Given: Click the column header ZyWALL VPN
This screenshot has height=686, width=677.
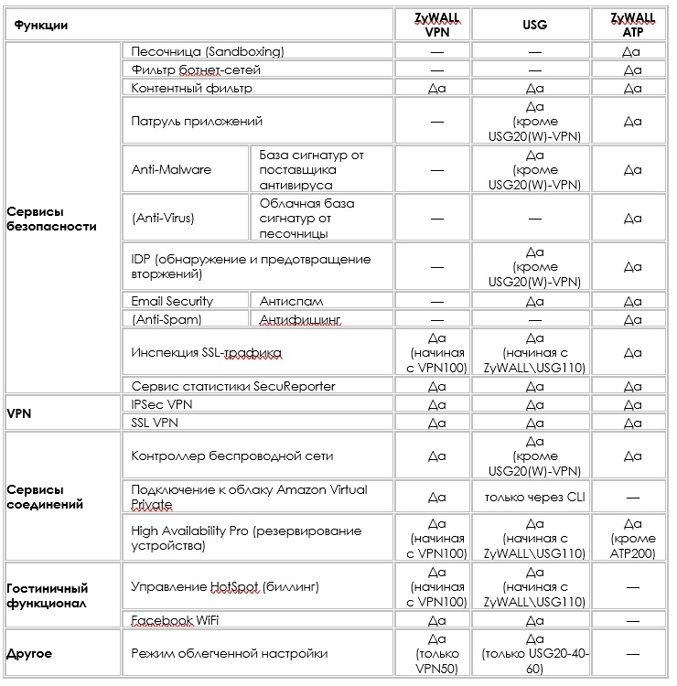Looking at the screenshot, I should coord(436,24).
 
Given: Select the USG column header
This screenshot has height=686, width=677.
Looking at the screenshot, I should coord(534,25).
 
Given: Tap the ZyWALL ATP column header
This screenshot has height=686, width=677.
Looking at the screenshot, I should coord(631,24).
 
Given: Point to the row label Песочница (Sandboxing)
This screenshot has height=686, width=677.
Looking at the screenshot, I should coord(208,51).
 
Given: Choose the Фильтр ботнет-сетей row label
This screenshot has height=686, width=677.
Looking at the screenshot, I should coord(196,70).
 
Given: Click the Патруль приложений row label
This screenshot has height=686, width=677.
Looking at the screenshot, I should coord(197,121).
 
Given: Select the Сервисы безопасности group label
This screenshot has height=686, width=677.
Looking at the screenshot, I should coord(51,219).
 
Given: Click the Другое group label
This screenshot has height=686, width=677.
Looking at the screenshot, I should coord(29,654).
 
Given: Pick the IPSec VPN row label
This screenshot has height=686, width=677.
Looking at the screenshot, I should coord(162,403).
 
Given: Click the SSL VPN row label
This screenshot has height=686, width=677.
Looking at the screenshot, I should coord(156,423).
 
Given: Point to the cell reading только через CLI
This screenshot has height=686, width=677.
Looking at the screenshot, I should coord(534,497).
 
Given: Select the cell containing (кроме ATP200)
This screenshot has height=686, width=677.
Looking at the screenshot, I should coord(631,539).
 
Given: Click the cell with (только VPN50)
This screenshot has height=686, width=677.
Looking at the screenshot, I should coord(436,654).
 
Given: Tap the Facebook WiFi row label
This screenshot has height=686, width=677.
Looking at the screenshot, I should coord(175,621).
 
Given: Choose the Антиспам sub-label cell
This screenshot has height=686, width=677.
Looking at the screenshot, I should coord(291,301).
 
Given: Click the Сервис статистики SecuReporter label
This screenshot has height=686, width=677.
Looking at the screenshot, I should coord(233,386).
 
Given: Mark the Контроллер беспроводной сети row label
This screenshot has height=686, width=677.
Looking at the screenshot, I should coord(231,456).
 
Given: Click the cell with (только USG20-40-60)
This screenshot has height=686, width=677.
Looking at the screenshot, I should coord(534,654).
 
